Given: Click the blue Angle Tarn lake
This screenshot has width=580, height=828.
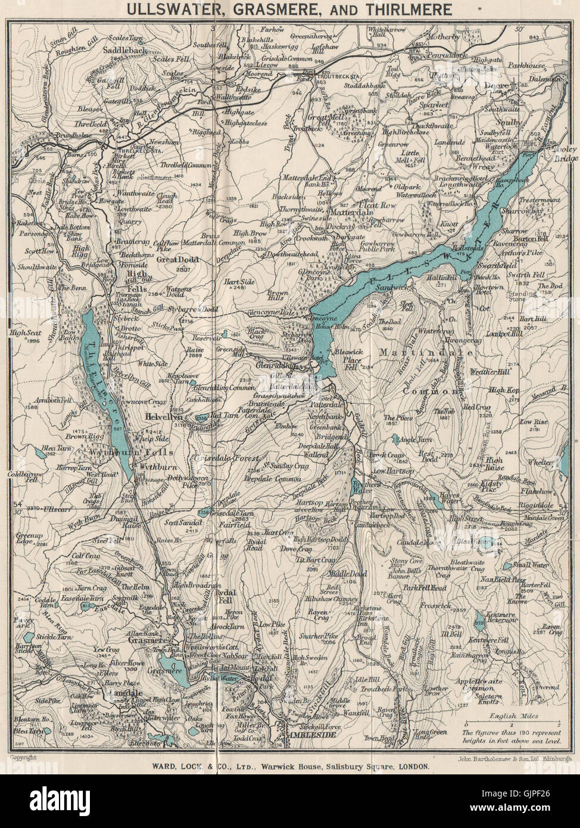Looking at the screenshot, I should point(396,440).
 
